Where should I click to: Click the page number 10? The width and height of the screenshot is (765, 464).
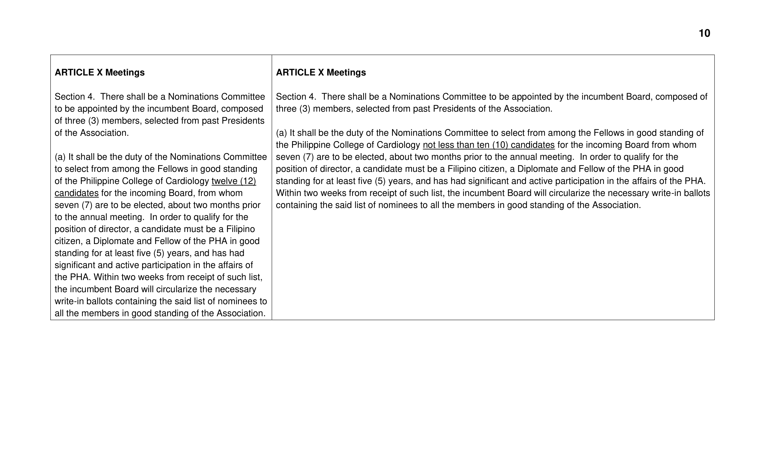704,33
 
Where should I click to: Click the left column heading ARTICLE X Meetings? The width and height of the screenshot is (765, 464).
99,72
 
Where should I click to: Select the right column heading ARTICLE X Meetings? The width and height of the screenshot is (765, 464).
321,72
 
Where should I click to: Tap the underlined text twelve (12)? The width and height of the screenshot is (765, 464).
234,181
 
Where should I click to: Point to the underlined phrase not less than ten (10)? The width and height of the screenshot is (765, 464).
465,145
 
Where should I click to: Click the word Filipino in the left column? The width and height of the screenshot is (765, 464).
240,229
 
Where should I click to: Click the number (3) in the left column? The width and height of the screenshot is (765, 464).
93,121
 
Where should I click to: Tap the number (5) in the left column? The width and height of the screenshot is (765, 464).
159,253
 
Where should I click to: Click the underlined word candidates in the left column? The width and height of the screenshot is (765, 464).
76,193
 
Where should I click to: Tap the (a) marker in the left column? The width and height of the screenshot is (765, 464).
60,157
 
